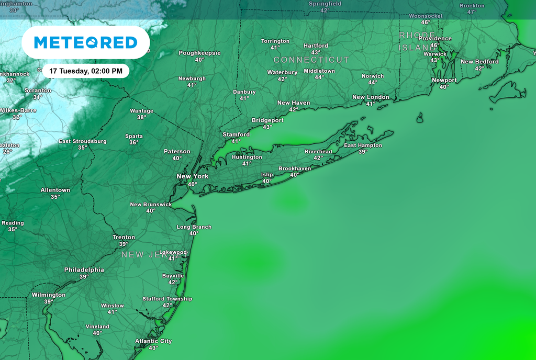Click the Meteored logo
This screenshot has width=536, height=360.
(x=85, y=42)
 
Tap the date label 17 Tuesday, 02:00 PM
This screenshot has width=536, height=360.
(x=86, y=71)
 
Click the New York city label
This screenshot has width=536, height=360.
(x=193, y=176)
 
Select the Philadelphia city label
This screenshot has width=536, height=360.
(x=84, y=270)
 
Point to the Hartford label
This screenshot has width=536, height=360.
(x=316, y=46)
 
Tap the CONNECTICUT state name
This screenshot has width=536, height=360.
(x=311, y=60)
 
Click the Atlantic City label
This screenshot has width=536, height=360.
(x=153, y=341)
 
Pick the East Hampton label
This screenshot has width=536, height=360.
(x=363, y=145)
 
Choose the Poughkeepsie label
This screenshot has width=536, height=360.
(x=199, y=53)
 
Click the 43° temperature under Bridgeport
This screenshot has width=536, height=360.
(x=267, y=127)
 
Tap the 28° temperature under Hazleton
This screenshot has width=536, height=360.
(x=7, y=152)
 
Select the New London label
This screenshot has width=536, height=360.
(x=371, y=97)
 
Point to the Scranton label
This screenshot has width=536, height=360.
(x=38, y=91)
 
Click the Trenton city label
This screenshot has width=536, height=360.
(x=124, y=238)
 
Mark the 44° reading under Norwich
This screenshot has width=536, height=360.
(x=373, y=83)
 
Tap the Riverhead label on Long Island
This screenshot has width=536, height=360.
(x=318, y=152)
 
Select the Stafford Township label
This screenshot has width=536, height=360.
(x=167, y=299)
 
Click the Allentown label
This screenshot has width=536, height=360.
(x=55, y=190)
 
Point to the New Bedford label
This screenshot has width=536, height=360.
(x=479, y=62)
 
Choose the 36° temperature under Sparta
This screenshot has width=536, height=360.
(x=134, y=143)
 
